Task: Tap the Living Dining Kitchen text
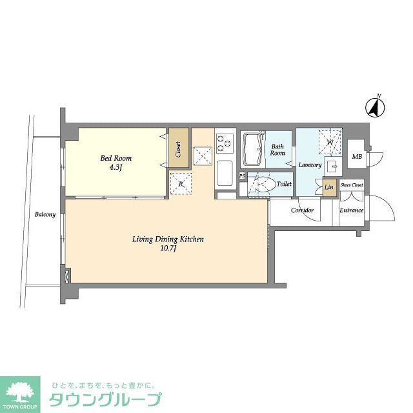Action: pos(168,239)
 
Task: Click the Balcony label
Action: pos(45,214)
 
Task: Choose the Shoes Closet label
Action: pos(352,185)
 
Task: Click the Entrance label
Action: pos(352,210)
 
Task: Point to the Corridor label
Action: pos(302,210)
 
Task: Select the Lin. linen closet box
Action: pos(329,188)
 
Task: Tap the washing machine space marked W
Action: pos(329,142)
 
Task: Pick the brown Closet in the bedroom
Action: pos(178,150)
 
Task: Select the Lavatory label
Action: pos(310,165)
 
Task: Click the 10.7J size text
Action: pos(168,248)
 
